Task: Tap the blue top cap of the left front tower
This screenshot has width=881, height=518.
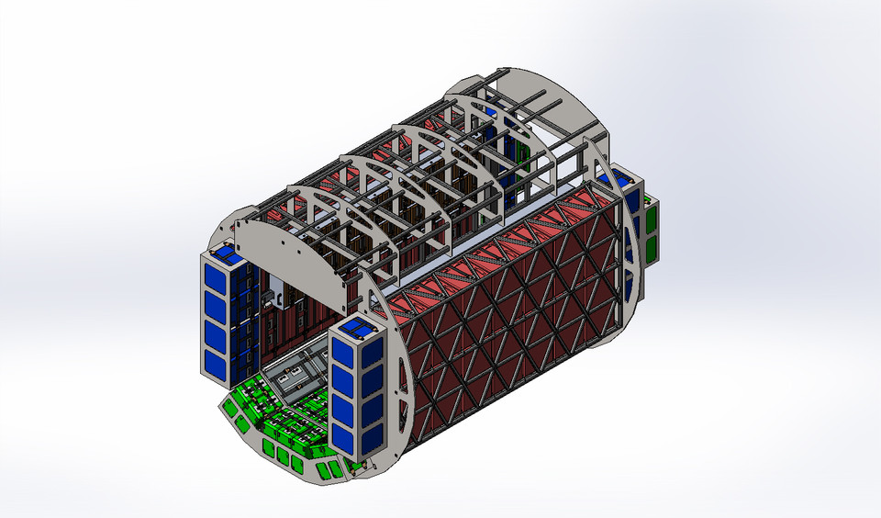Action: (x=224, y=251)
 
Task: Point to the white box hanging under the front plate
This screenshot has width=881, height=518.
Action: (x=273, y=298)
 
